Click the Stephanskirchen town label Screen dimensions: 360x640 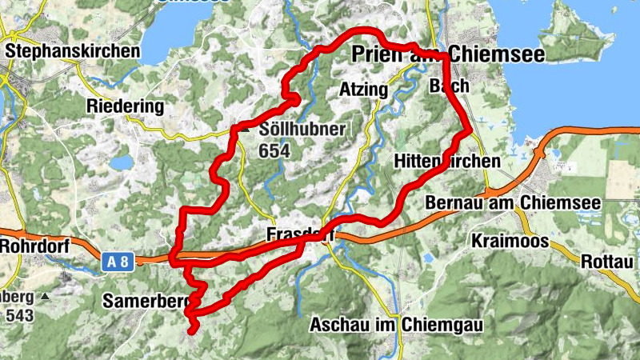(x=71, y=50)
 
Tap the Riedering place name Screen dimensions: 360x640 (x=126, y=106)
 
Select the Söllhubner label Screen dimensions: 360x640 (x=291, y=130)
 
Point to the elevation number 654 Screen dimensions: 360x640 (x=274, y=150)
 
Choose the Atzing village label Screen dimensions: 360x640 (x=363, y=89)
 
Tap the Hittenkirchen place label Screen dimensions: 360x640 (x=447, y=162)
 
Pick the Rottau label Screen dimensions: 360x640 (x=607, y=261)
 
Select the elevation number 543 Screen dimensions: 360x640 (x=19, y=315)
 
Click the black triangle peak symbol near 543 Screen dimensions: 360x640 (x=46, y=297)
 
